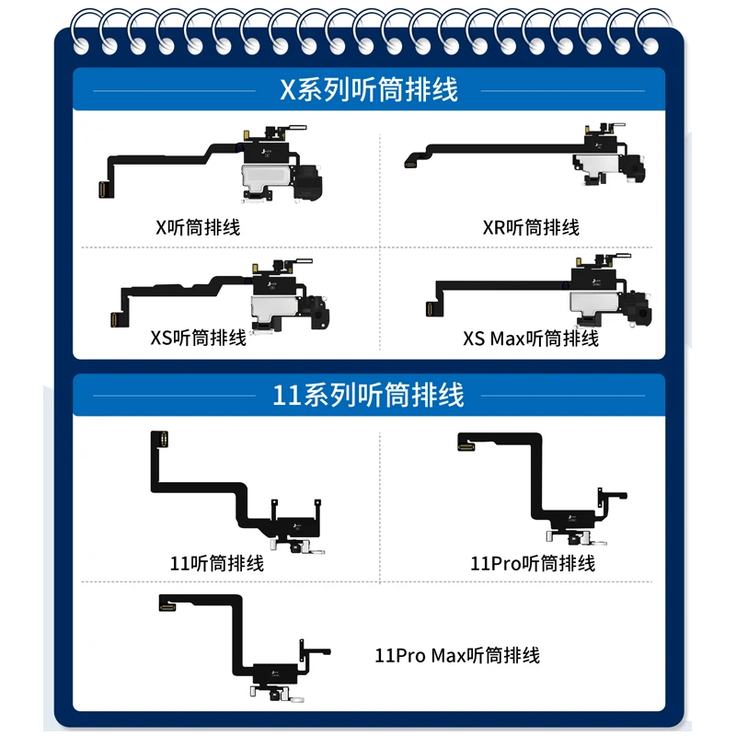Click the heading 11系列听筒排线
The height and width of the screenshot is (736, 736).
click(x=368, y=396)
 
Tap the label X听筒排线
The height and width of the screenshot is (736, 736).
click(x=198, y=227)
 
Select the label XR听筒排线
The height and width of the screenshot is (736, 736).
click(x=531, y=227)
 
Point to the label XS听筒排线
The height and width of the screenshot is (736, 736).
click(x=198, y=338)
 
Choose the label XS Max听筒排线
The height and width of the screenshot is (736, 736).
click(x=531, y=339)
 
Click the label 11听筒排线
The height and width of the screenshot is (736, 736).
click(x=217, y=562)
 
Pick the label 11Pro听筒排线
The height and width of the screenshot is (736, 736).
click(x=533, y=562)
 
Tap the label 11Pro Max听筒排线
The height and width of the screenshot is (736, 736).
click(x=457, y=655)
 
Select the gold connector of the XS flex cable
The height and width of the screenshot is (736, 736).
click(x=116, y=319)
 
